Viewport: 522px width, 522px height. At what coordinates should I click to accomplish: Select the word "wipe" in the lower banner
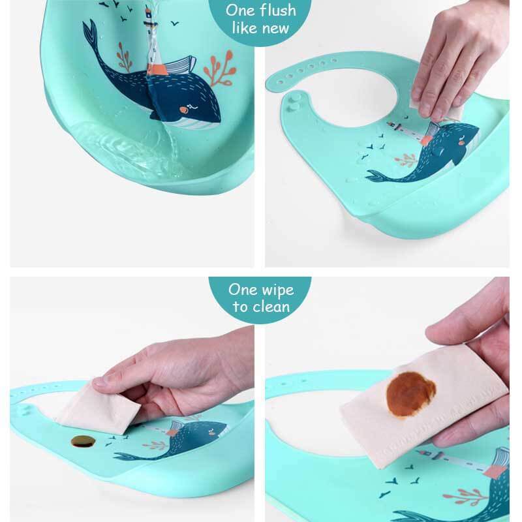pos(275,290)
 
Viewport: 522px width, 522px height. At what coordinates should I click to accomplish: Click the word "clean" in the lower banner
pos(274,306)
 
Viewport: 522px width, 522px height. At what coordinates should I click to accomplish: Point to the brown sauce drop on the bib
pos(83,442)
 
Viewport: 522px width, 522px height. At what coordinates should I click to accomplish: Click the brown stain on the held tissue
pos(411,394)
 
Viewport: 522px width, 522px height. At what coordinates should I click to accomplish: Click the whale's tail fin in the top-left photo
pos(90,34)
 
